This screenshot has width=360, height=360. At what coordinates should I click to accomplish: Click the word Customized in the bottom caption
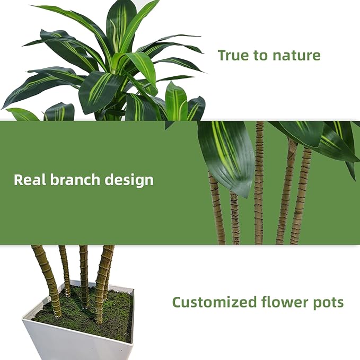pos(214,303)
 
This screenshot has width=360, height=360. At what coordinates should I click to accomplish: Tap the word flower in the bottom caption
pos(284,303)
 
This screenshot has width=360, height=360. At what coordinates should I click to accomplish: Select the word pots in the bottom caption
pos(328,303)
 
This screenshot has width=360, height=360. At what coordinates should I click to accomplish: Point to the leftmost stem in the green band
pos(217,212)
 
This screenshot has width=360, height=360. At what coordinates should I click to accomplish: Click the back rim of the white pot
pos(106,286)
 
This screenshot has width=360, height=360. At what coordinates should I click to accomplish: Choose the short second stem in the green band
pos(235,217)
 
